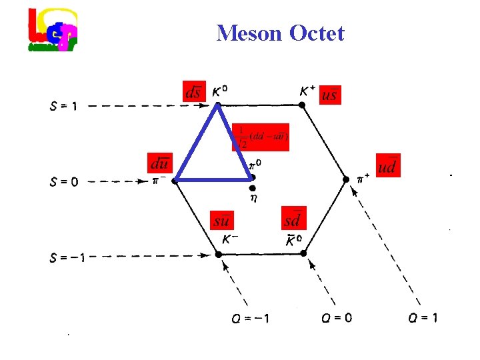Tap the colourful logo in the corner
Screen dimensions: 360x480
(53, 30)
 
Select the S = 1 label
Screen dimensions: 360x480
(63, 105)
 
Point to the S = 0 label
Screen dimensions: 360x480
(63, 181)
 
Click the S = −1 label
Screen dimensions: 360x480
(67, 255)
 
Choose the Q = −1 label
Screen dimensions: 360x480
(251, 318)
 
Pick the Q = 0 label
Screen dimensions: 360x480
(336, 318)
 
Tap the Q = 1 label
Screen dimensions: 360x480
(423, 318)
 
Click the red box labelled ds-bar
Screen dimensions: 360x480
(193, 92)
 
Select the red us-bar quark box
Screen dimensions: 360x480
(329, 94)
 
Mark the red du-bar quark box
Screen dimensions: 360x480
(160, 162)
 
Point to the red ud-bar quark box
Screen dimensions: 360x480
(388, 165)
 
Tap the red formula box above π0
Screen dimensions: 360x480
(261, 137)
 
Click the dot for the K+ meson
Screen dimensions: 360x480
(302, 105)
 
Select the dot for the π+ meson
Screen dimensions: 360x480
(346, 179)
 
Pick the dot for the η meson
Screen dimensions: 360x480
(252, 189)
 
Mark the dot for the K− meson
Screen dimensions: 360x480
(218, 254)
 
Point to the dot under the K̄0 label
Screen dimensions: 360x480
(303, 254)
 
